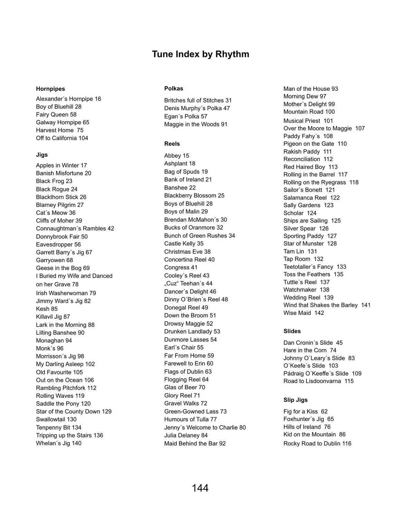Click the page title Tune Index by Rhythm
pyautogui.click(x=200, y=54)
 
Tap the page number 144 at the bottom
pyautogui.click(x=200, y=488)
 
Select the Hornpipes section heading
pyautogui.click(x=50, y=89)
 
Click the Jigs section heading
pyautogui.click(x=42, y=155)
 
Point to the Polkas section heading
pyautogui.click(x=174, y=88)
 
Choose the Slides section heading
pyautogui.click(x=292, y=331)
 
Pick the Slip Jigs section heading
pyautogui.click(x=295, y=400)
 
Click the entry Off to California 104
pyautogui.click(x=62, y=138)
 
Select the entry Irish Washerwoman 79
pyautogui.click(x=66, y=293)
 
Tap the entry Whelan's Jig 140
pyautogui.click(x=59, y=443)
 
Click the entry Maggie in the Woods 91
pyautogui.click(x=196, y=124)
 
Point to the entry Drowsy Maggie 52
pyautogui.click(x=188, y=324)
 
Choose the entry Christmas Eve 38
pyautogui.click(x=187, y=252)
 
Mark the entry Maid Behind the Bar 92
pyautogui.click(x=195, y=443)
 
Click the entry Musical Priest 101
pyautogui.click(x=308, y=121)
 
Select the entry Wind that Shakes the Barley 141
pyautogui.click(x=327, y=305)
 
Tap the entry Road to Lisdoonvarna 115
pyautogui.click(x=319, y=381)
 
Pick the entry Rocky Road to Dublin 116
pyautogui.click(x=317, y=443)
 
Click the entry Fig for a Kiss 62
pyautogui.click(x=305, y=411)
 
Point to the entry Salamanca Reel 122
pyautogui.click(x=312, y=198)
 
